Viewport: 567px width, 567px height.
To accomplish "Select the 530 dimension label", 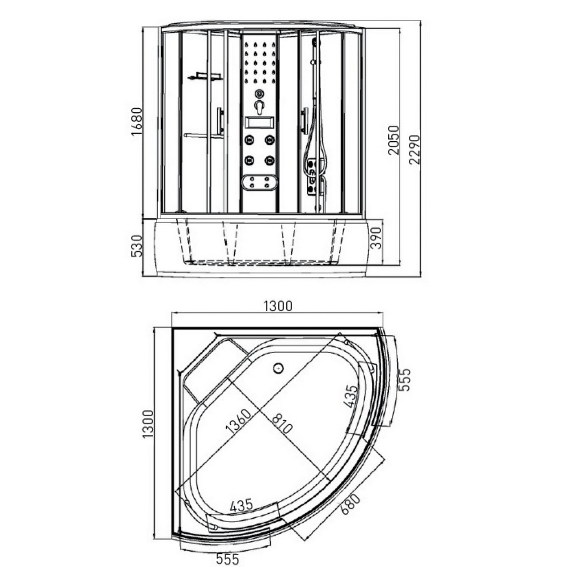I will click(136, 246).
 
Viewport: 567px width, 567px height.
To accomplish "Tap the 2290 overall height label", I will click(414, 149).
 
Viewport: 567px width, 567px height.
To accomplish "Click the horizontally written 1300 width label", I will click(277, 306).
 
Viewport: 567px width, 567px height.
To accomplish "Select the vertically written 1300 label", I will click(149, 424).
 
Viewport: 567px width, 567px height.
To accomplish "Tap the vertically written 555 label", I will click(404, 379).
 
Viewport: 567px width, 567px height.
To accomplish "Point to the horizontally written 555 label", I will click(227, 558).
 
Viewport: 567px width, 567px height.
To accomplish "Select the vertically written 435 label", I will click(352, 396).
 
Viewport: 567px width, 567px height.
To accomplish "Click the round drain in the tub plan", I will click(278, 369).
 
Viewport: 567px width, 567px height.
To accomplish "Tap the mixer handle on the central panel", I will click(259, 107).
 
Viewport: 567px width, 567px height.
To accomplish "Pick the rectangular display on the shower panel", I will click(259, 122).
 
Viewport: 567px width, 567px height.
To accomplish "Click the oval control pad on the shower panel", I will click(259, 182).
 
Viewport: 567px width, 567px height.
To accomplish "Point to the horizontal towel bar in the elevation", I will click(203, 136).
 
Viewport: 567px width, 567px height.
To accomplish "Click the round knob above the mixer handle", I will click(259, 94).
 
